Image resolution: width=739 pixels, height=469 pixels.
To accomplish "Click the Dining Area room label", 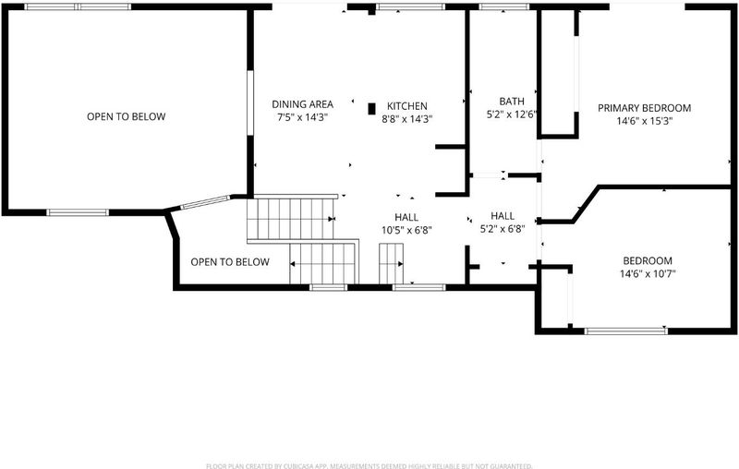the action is coord(303,104).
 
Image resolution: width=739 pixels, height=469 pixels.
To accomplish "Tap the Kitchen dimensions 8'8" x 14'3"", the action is coord(407,119).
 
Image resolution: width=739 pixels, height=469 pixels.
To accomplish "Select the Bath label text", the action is coord(512,102).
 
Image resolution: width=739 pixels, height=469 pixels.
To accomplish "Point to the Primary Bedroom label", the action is coord(644,108).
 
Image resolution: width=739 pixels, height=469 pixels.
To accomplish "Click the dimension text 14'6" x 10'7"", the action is coord(648,273).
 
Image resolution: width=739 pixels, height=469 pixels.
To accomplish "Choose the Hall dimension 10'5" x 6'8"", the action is coord(406,230).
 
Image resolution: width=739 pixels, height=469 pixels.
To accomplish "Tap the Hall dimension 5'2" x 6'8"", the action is coord(503,229).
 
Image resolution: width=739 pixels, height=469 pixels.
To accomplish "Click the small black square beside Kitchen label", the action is coord(372,109).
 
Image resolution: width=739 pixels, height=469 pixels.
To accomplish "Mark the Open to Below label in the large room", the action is coord(127,116).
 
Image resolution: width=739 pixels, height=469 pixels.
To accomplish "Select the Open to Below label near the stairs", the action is coord(230,262).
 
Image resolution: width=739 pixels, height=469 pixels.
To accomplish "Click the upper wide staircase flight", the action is coord(291,219).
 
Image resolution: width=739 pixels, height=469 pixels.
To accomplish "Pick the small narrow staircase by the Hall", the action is coord(391,264).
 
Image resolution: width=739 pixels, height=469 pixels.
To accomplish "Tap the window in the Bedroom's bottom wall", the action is coord(626,331).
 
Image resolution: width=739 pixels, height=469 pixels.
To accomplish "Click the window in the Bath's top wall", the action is coord(503,6).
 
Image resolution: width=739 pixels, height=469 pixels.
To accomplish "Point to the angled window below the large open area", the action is coord(205,202).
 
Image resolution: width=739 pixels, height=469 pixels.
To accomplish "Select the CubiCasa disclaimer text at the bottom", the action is coord(369,466).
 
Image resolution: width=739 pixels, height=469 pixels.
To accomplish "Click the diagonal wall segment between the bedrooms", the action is coord(586,203).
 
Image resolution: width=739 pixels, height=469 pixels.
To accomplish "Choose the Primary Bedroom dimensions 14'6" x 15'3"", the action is coord(644,121).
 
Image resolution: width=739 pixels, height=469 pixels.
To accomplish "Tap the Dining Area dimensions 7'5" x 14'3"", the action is coord(303,117).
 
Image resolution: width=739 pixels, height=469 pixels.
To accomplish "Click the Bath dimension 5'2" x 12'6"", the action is coord(513,114).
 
